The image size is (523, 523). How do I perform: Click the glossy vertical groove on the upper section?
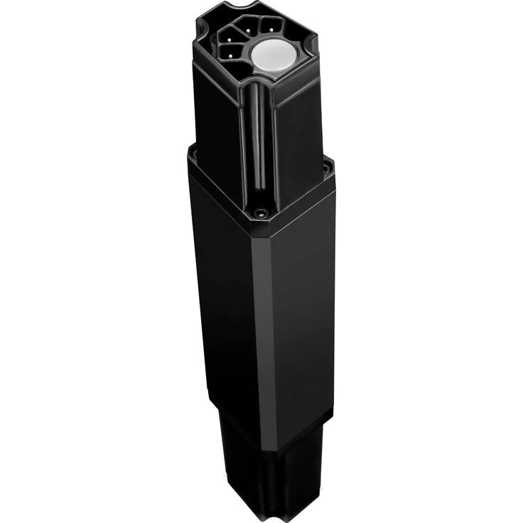[261, 142]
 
